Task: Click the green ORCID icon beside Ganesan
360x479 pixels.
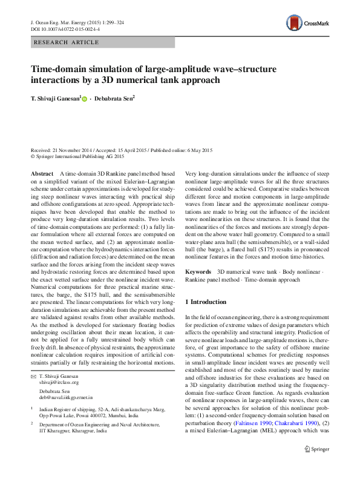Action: point(85,98)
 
